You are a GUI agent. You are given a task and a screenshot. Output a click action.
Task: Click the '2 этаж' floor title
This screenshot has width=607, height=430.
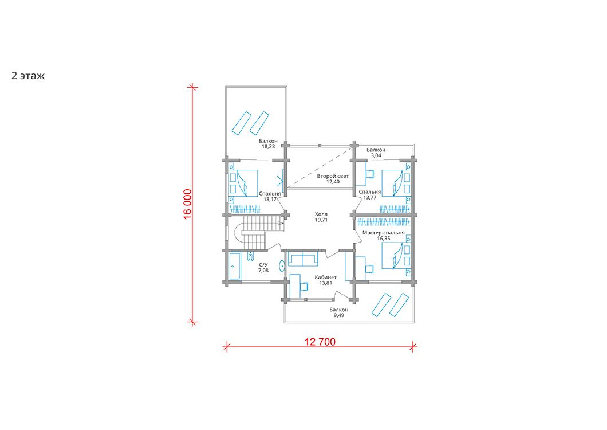pyautogui.click(x=28, y=76)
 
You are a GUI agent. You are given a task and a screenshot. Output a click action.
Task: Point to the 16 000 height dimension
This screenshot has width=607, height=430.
pyautogui.click(x=187, y=204)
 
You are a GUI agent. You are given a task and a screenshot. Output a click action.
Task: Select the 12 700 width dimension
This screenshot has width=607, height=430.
pyautogui.click(x=320, y=342)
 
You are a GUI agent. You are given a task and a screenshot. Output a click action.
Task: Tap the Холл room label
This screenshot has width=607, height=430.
pyautogui.click(x=321, y=214)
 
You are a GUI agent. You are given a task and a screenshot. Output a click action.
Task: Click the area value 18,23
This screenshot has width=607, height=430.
pyautogui.click(x=268, y=147)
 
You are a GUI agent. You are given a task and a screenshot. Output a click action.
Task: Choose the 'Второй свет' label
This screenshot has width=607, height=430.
pyautogui.click(x=333, y=176)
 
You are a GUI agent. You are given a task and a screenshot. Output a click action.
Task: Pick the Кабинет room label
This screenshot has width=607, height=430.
pyautogui.click(x=325, y=277)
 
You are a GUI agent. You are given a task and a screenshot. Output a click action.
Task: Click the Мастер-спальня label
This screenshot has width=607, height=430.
pyautogui.click(x=383, y=233)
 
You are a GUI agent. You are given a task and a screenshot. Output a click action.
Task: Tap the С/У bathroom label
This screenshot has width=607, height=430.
pyautogui.click(x=263, y=265)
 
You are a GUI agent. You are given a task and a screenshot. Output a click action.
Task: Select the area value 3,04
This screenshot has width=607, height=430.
pyautogui.click(x=376, y=155)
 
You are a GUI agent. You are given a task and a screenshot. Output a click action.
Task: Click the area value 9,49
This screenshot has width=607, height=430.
pyautogui.click(x=339, y=315)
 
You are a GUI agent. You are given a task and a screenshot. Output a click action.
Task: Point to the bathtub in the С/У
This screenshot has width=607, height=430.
pyautogui.click(x=234, y=266)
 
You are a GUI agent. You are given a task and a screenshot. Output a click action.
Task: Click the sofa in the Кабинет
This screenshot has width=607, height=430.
pyautogui.click(x=303, y=259)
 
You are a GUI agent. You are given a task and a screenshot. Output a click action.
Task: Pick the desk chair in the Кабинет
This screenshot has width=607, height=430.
pyautogui.click(x=304, y=286)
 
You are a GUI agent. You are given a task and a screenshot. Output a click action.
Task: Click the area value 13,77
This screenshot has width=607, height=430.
pyautogui.click(x=370, y=197)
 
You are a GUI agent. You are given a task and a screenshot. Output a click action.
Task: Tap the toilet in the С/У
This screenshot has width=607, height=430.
pyautogui.click(x=250, y=256)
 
